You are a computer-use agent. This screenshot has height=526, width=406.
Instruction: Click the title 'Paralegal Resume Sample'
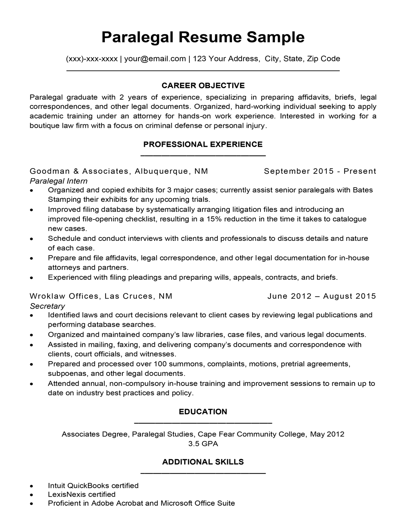pos(203,37)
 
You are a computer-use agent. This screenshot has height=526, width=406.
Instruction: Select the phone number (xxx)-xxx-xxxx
pos(92,58)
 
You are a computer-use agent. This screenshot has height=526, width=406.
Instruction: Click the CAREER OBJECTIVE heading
pos(203,85)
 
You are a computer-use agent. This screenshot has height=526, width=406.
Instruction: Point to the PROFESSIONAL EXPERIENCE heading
pos(203,144)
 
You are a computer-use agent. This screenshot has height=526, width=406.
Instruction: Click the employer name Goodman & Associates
pos(79,171)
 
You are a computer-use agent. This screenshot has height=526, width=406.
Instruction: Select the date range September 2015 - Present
pos(320,171)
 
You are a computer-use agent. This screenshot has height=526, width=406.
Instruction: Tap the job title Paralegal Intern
pos(58,181)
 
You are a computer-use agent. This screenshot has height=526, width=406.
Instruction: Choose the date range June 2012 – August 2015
pos(321,296)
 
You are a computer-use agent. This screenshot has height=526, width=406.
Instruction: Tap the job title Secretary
pos(47,306)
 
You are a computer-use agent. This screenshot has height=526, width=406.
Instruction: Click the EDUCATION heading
pos(203,412)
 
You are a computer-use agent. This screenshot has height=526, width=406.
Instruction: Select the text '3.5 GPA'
pos(203,444)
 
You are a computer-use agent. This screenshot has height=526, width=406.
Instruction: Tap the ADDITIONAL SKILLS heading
pos(203,462)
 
